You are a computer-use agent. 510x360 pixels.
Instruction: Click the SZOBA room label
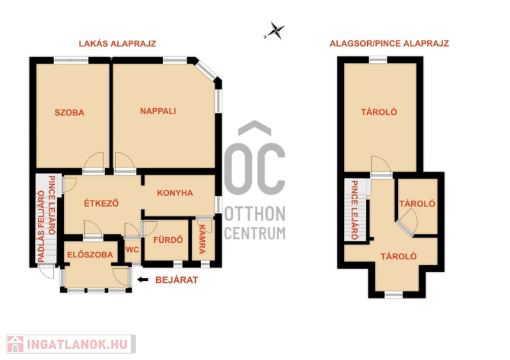(69, 113)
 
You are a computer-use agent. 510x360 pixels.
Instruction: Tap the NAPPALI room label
(158, 112)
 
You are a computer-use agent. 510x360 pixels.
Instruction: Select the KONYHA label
(175, 193)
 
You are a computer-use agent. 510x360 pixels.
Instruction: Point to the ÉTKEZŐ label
(101, 203)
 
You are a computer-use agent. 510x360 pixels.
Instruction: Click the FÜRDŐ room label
(168, 240)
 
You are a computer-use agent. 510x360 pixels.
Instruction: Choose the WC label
(132, 250)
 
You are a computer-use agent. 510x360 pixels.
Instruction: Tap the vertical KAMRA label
(202, 240)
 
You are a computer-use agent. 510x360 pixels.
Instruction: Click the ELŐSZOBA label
(90, 254)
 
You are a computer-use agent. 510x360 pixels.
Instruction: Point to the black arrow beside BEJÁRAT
(143, 280)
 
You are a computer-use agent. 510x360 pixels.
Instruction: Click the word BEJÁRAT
(177, 280)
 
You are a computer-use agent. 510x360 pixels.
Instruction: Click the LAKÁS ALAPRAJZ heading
(117, 43)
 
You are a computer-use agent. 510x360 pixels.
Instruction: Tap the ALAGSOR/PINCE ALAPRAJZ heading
(390, 43)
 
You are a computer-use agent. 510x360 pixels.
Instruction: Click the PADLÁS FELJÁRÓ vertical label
(41, 226)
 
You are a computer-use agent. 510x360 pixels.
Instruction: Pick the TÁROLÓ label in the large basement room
(379, 112)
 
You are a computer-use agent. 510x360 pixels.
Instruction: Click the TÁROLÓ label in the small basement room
(417, 204)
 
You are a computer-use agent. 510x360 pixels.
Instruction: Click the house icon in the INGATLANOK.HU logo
(15, 344)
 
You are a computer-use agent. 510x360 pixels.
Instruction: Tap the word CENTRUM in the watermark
(255, 233)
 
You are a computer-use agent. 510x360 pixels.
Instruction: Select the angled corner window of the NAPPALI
(206, 71)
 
